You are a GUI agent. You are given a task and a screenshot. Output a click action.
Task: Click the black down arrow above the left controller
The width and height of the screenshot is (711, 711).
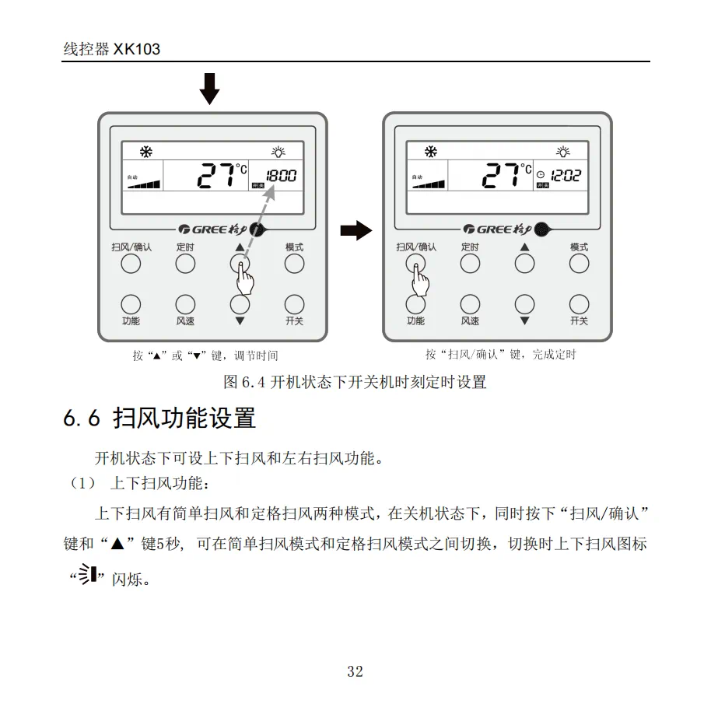[209, 88]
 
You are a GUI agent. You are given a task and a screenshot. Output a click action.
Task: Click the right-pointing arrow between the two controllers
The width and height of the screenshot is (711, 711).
[356, 230]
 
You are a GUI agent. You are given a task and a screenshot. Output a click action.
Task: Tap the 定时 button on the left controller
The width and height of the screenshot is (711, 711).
[185, 264]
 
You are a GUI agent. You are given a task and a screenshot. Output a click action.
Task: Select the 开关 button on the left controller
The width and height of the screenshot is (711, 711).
[294, 303]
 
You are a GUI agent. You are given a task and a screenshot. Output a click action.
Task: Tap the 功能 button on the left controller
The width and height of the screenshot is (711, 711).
[131, 303]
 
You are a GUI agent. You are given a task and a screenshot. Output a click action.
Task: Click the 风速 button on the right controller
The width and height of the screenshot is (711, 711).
[470, 303]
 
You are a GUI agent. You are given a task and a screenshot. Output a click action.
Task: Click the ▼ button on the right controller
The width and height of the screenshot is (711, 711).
[524, 303]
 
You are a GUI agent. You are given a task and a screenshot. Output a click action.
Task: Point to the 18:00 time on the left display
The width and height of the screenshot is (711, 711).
[281, 176]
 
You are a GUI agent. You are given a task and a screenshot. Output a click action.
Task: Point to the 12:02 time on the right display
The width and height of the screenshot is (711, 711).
[566, 176]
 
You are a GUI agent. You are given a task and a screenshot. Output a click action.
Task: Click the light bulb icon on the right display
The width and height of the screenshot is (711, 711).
[563, 152]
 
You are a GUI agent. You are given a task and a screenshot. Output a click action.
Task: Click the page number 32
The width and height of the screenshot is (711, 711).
[355, 672]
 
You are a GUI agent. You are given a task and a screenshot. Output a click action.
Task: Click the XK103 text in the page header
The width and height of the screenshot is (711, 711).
[137, 49]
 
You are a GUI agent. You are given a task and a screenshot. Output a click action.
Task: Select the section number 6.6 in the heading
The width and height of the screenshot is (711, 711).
[82, 419]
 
